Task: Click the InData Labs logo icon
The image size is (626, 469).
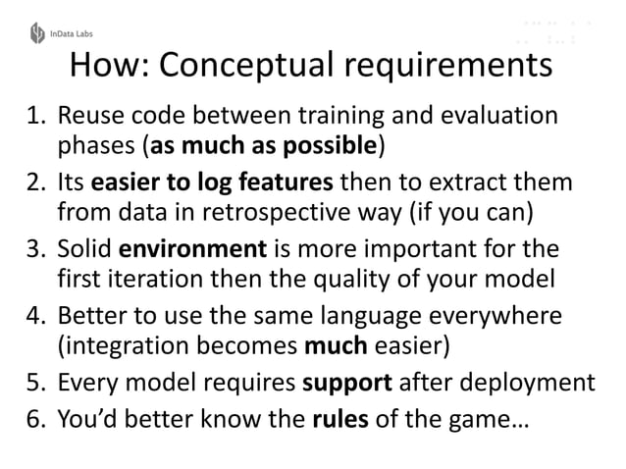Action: pos(37,33)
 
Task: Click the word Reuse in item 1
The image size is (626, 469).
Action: pos(85,118)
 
